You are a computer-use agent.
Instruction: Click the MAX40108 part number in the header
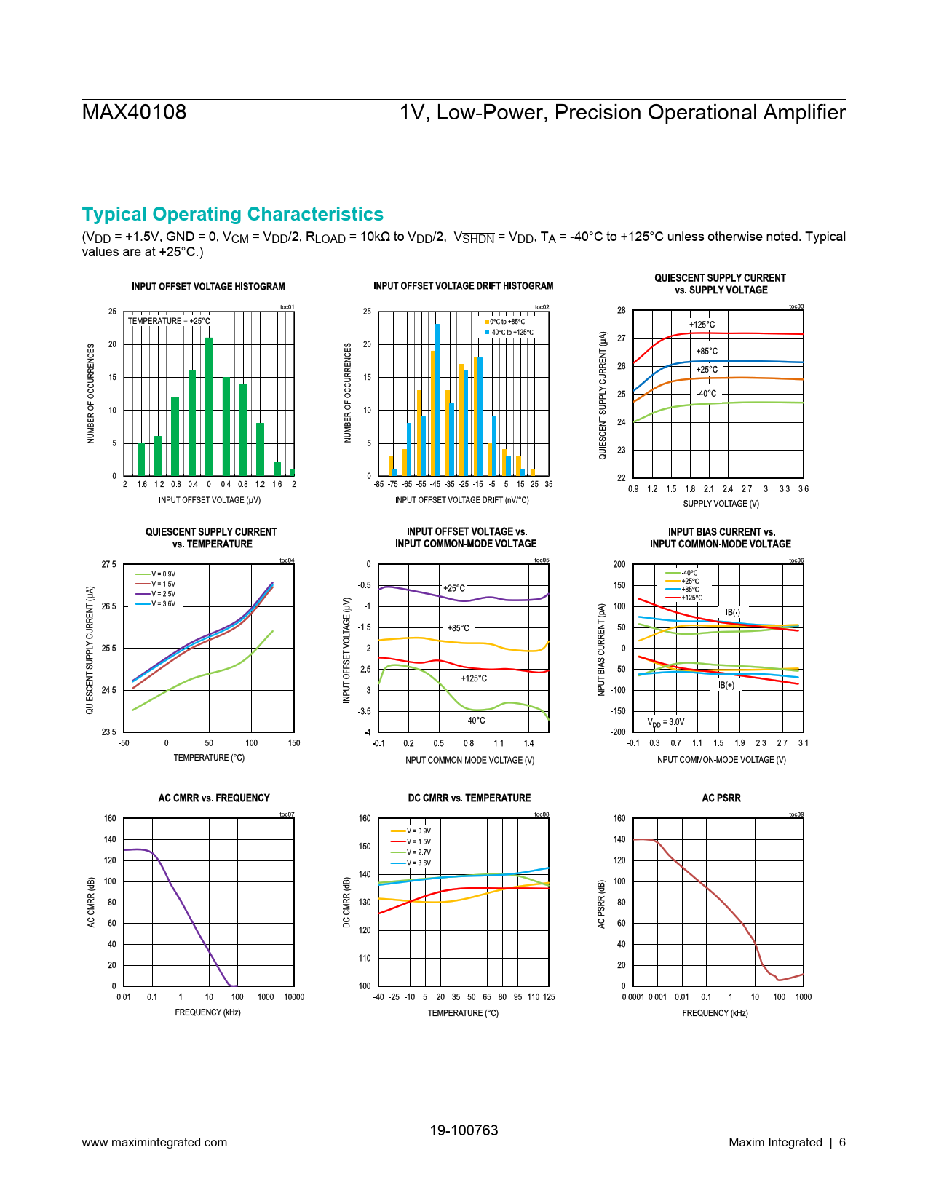(x=134, y=112)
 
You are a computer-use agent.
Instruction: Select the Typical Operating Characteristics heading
(x=232, y=214)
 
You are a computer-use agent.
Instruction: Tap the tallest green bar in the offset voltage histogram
(x=209, y=406)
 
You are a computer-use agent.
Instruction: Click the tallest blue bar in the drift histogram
(x=437, y=399)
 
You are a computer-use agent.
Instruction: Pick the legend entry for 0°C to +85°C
(x=505, y=322)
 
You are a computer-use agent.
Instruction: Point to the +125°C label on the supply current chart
(x=702, y=325)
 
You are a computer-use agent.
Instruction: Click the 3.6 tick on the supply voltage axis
(x=803, y=489)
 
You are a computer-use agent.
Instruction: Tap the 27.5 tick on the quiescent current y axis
(x=108, y=565)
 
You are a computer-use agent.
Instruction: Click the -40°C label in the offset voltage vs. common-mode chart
(x=475, y=721)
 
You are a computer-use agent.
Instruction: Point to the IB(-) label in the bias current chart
(x=732, y=612)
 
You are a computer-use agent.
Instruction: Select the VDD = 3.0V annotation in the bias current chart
(x=666, y=722)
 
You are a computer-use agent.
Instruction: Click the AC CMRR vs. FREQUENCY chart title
(x=214, y=798)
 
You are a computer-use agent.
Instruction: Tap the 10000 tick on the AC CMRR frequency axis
(x=294, y=997)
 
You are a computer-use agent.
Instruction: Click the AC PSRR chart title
(x=721, y=798)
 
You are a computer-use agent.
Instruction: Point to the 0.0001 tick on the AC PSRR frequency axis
(x=633, y=997)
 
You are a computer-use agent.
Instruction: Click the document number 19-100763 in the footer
(x=464, y=1130)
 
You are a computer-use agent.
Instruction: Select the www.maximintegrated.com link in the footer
(x=154, y=1143)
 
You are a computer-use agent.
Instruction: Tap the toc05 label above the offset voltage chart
(x=542, y=560)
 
